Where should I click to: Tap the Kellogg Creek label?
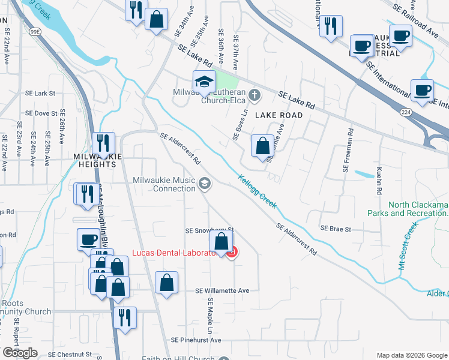[x=258, y=191]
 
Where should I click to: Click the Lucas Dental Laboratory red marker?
[x=232, y=253]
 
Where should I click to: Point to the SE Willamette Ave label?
[x=222, y=290]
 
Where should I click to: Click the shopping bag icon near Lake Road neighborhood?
[x=262, y=146]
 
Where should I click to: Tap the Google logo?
[x=20, y=352]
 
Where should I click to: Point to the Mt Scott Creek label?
[x=408, y=246]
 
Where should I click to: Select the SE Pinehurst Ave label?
[x=196, y=340]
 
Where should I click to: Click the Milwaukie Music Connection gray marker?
[x=205, y=183]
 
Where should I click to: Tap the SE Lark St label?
[x=40, y=94]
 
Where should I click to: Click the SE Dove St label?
[x=40, y=113]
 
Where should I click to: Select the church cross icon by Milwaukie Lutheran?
[x=255, y=94]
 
